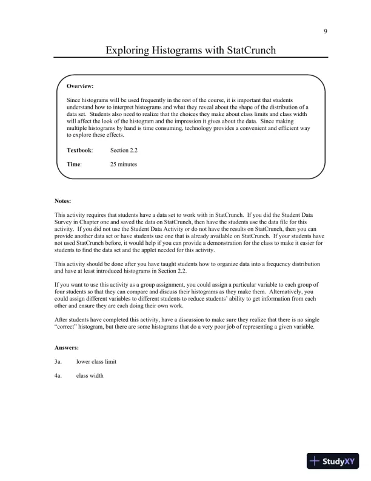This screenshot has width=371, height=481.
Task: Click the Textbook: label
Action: coord(80,149)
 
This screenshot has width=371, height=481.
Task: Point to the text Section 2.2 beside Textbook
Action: coord(124,149)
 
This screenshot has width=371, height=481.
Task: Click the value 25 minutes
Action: coord(124,164)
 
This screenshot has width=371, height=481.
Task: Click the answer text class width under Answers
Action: coord(90,375)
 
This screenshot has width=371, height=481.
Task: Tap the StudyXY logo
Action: coord(333,461)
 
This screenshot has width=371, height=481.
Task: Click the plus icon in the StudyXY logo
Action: coord(315,461)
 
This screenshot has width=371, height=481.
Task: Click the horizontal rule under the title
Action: coord(190,58)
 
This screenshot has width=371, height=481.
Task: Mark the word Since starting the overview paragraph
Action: coord(73,99)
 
